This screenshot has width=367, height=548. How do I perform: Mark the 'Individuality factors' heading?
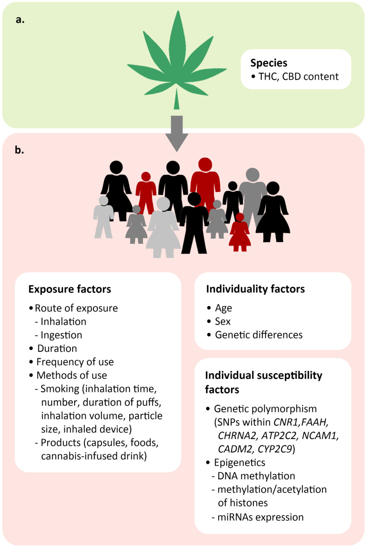[x=255, y=289]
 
